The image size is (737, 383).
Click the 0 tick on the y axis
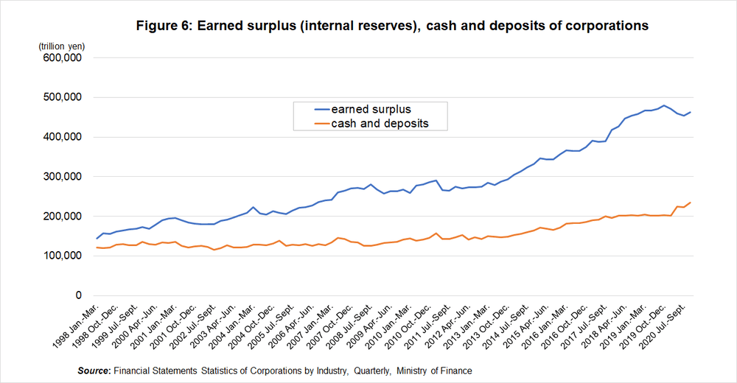pyautogui.click(x=77, y=295)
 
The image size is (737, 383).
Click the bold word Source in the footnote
pyautogui.click(x=94, y=370)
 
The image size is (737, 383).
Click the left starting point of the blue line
pyautogui.click(x=97, y=239)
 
